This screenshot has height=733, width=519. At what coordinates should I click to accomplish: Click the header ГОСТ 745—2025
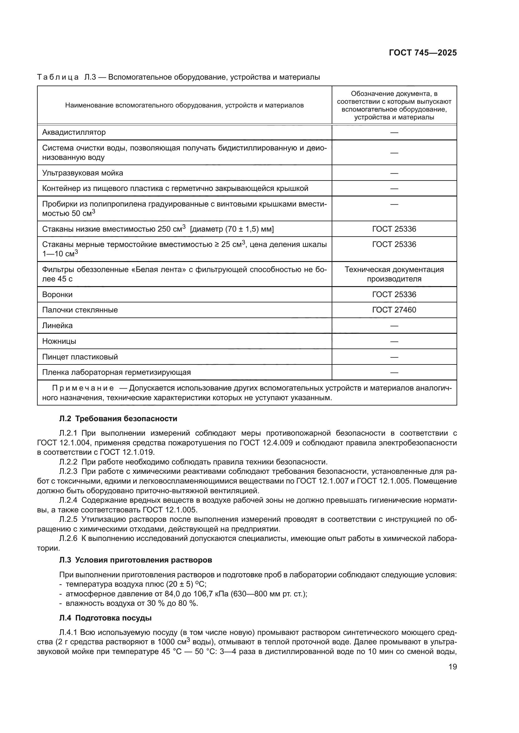point(422,53)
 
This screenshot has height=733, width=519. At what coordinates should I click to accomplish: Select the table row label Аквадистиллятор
point(74,132)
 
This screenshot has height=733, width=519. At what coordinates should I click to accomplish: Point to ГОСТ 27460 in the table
point(394,310)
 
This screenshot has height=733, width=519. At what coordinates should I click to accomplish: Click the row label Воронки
point(57,294)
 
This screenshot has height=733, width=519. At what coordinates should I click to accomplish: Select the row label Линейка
point(57,326)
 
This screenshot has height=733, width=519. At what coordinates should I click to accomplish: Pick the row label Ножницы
point(59,341)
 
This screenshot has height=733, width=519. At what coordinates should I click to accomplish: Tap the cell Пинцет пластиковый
point(80,357)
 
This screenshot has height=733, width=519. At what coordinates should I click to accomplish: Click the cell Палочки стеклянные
point(80,310)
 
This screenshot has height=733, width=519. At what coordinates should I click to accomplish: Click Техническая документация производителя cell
point(394,274)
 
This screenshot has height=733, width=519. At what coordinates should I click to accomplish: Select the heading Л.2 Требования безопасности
point(118,419)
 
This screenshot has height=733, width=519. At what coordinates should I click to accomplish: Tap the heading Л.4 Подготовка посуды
point(105,618)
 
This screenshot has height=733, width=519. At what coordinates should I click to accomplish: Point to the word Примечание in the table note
point(83,388)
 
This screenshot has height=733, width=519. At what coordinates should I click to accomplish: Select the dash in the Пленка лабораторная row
point(394,373)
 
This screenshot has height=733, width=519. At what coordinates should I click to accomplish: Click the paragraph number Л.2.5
point(68,519)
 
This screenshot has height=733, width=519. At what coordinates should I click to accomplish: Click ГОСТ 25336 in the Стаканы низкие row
point(394,229)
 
